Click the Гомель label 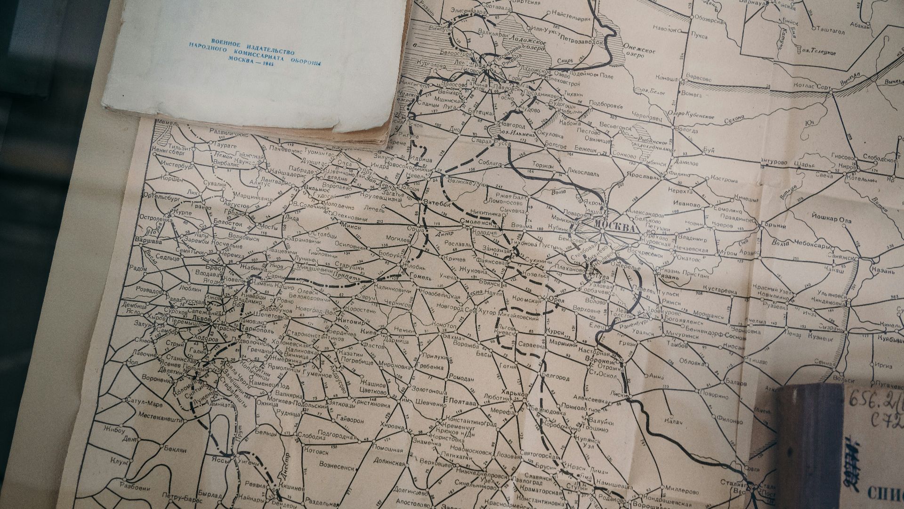[x=420, y=278]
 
